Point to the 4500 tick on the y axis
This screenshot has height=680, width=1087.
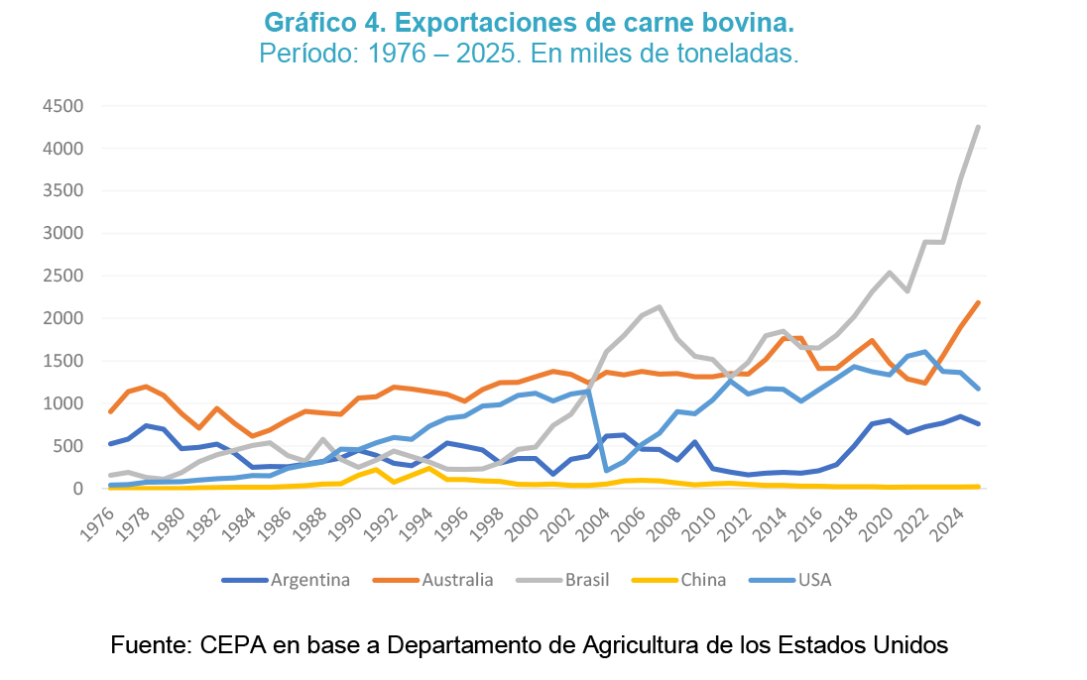click(x=63, y=106)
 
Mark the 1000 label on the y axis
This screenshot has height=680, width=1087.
click(x=63, y=403)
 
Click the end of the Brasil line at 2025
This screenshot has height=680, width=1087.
click(x=978, y=127)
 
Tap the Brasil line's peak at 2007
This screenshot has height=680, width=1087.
click(x=660, y=307)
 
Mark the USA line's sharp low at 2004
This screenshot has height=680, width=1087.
click(x=606, y=471)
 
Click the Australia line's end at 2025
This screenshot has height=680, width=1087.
click(x=978, y=302)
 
